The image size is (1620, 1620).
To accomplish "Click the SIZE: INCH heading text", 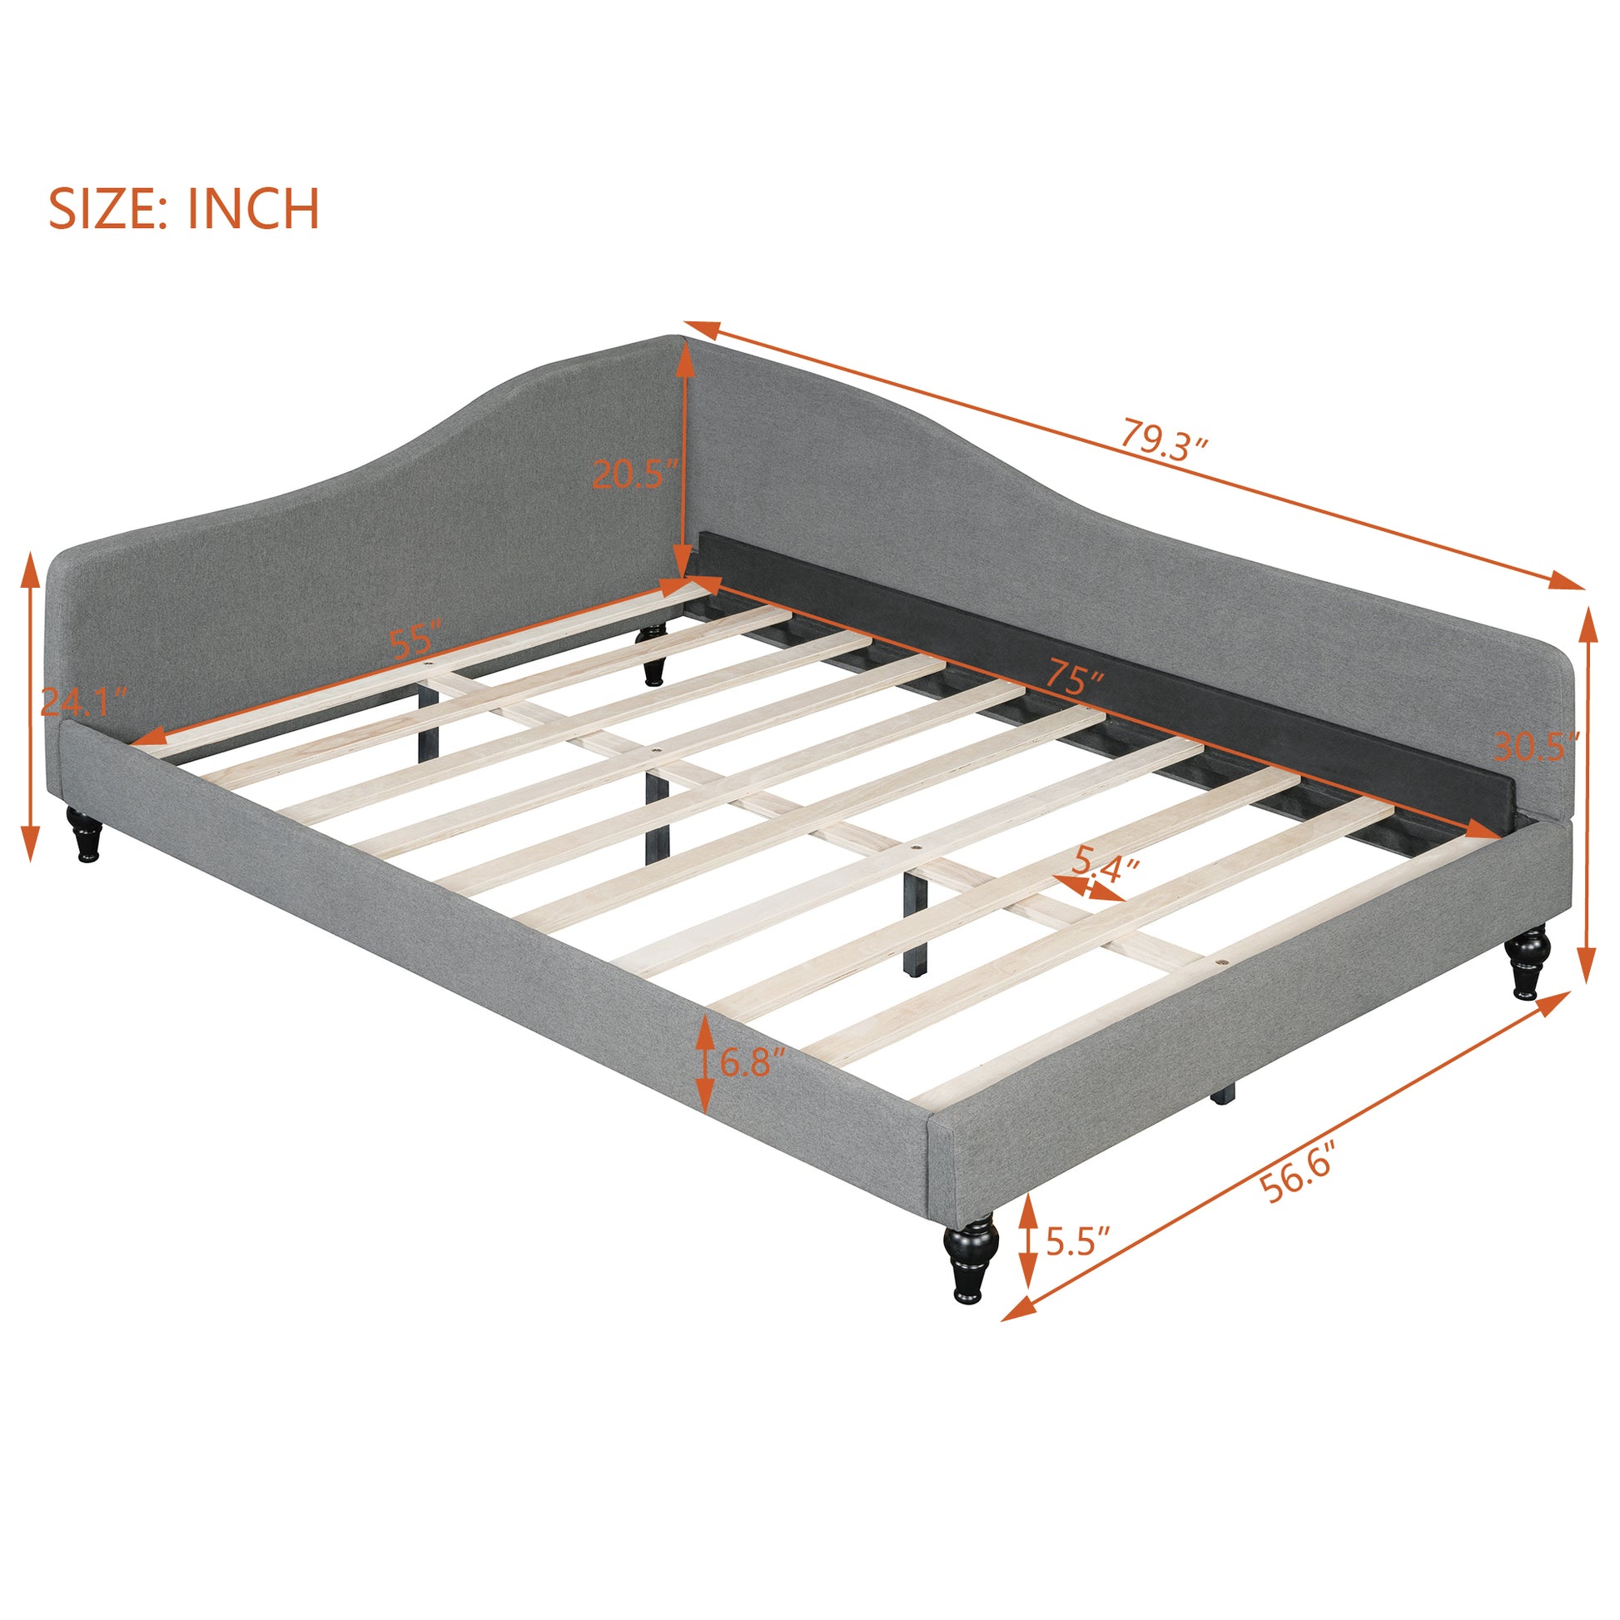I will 184,209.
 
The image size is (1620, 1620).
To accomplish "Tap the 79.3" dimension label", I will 1165,441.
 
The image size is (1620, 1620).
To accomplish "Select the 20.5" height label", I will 633,475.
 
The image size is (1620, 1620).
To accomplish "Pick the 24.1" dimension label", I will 84,701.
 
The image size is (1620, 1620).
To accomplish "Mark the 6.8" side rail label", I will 753,1063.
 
